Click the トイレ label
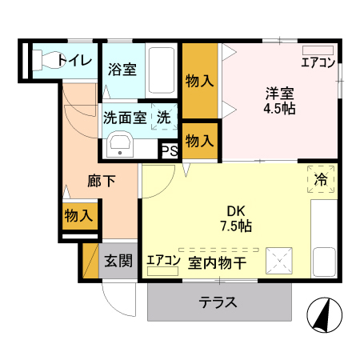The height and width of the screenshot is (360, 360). tap(74, 60)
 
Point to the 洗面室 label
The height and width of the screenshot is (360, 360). tap(124, 117)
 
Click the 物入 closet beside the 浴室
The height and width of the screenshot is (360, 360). tap(199, 81)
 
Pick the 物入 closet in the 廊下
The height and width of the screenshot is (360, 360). tap(78, 215)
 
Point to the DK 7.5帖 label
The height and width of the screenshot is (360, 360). tap(236, 219)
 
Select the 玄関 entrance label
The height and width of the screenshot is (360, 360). tap(118, 261)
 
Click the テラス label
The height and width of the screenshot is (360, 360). tap(218, 303)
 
